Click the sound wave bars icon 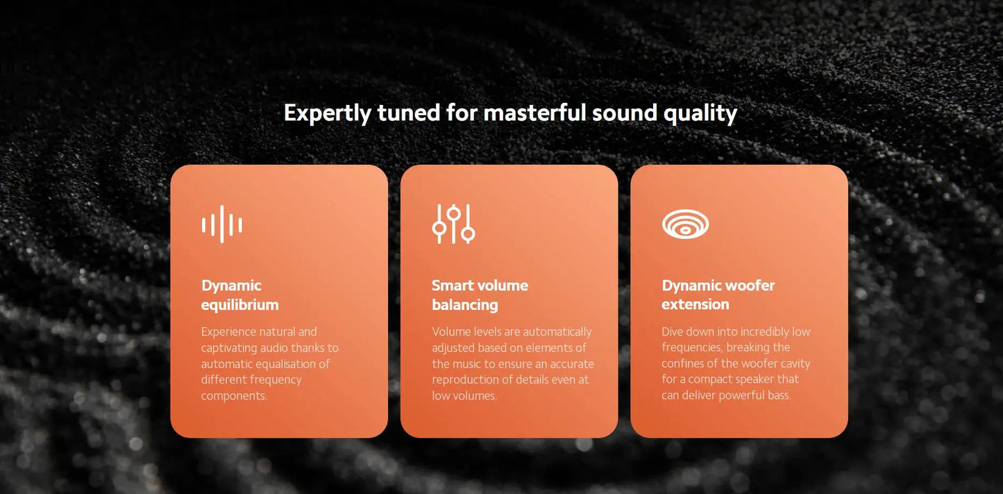click(x=221, y=224)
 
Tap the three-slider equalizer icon click(x=453, y=224)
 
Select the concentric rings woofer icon click(x=685, y=224)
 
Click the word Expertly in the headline click(x=327, y=113)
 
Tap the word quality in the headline click(x=700, y=113)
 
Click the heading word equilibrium click(x=239, y=304)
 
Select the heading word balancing click(x=464, y=304)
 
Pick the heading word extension click(x=695, y=304)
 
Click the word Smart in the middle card click(x=452, y=286)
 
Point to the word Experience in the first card click(x=229, y=332)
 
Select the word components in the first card click(x=233, y=396)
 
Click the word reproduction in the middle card click(x=464, y=380)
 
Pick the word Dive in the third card click(x=673, y=332)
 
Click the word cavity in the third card click(x=795, y=364)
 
